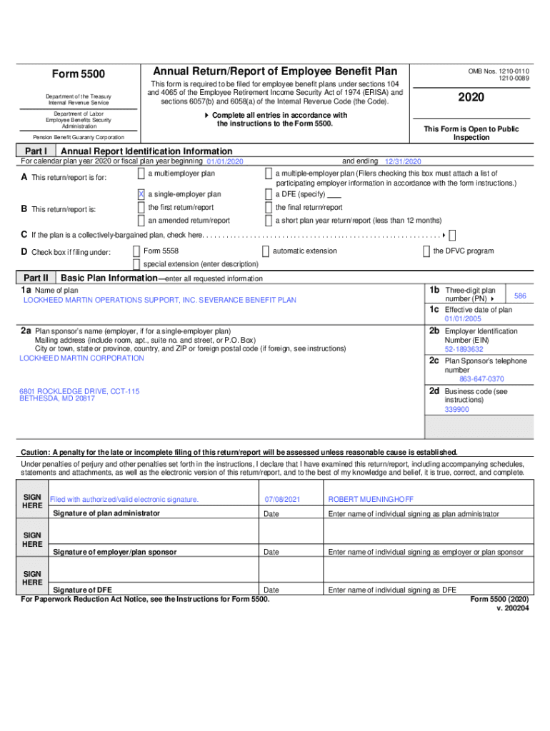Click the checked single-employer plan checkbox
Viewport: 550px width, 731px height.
141,194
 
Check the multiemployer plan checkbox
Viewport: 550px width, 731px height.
141,174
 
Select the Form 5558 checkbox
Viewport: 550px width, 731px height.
136,251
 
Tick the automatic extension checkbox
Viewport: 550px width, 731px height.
266,251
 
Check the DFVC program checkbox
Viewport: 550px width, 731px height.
426,251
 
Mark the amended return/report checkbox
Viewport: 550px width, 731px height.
141,221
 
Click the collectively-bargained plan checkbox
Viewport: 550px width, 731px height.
452,235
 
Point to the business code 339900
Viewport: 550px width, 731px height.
457,410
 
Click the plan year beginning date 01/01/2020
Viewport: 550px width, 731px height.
225,162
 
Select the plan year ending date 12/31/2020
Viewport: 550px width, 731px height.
403,162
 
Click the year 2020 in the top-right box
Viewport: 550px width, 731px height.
471,97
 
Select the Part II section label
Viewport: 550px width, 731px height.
36,278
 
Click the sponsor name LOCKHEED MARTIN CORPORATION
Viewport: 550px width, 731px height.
81,358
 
